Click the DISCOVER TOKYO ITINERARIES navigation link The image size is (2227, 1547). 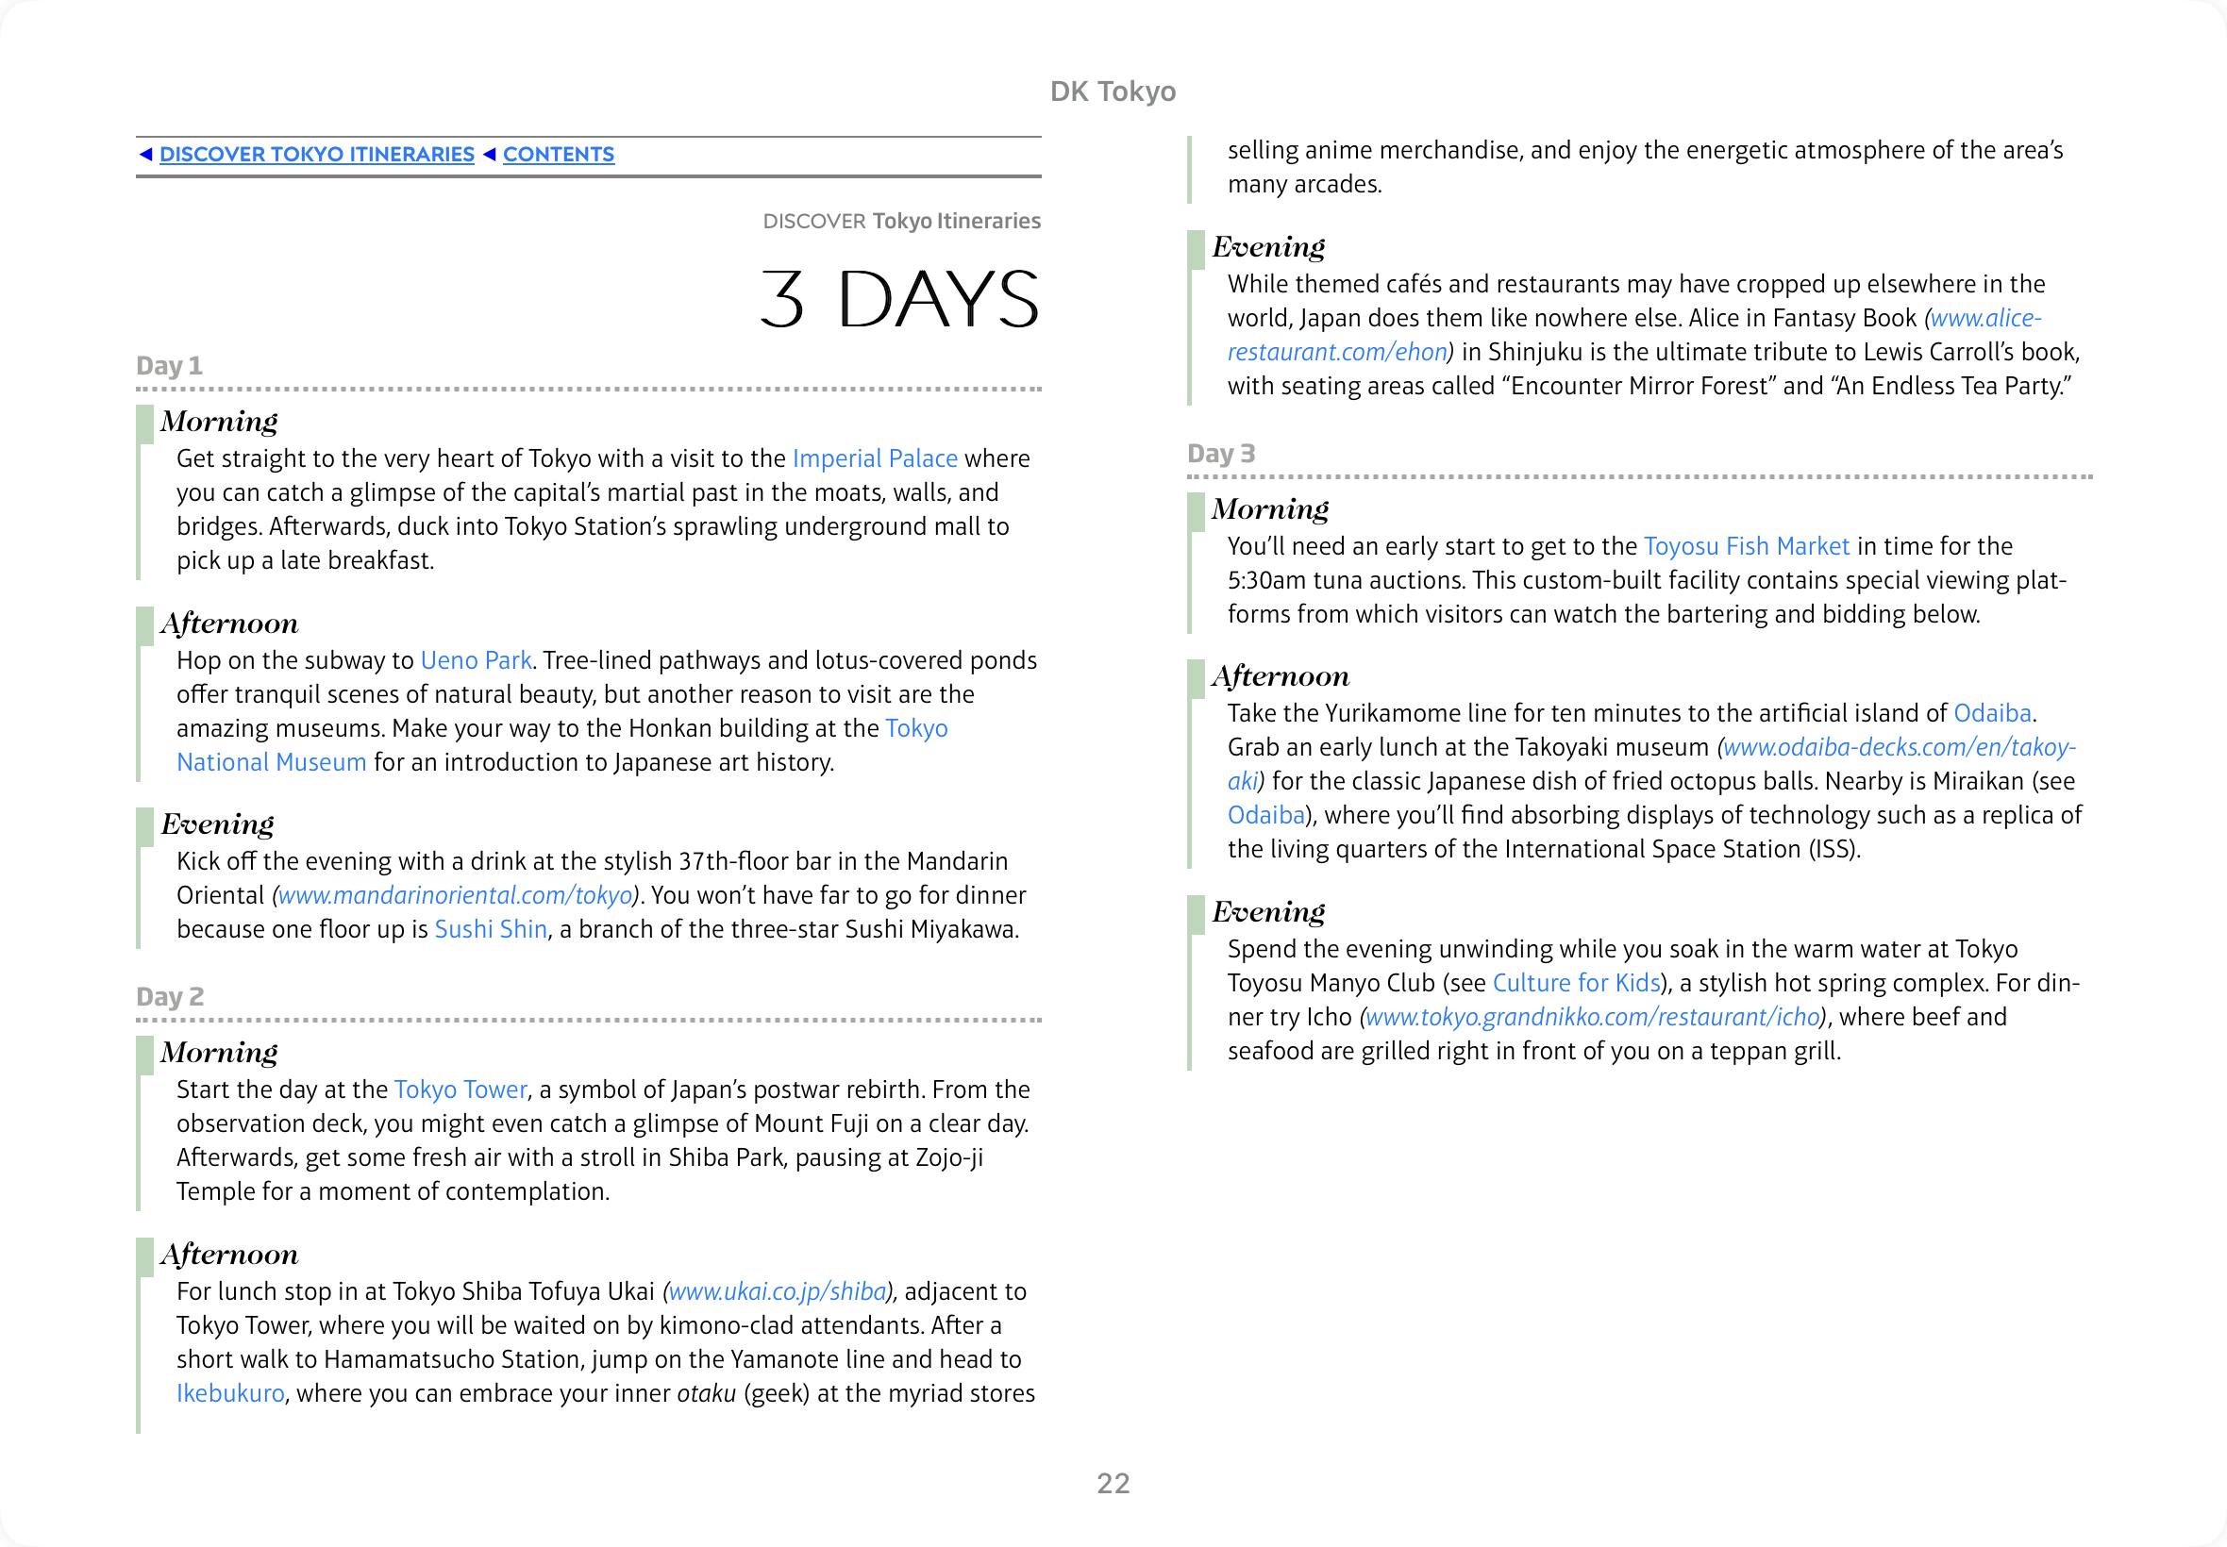click(x=316, y=155)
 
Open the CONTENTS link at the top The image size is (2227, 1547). click(x=559, y=155)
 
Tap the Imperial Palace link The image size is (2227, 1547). click(x=875, y=458)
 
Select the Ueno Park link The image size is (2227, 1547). click(x=475, y=660)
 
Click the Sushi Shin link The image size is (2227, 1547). click(x=491, y=929)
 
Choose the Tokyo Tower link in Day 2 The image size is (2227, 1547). click(x=460, y=1090)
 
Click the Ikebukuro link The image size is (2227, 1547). click(x=231, y=1393)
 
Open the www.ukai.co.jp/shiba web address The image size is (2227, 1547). click(x=778, y=1291)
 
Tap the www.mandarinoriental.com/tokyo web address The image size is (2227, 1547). click(x=455, y=895)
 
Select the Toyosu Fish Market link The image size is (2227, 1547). click(x=1746, y=547)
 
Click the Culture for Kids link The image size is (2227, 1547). click(x=1576, y=983)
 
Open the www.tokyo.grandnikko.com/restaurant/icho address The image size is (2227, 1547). click(x=1592, y=1017)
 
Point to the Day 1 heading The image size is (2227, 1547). click(x=170, y=365)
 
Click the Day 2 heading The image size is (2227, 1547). click(x=171, y=996)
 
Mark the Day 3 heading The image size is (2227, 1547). click(x=1222, y=454)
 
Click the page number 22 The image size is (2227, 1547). click(x=1113, y=1483)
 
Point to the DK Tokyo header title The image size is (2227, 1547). click(x=1113, y=91)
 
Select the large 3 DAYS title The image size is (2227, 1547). click(x=898, y=298)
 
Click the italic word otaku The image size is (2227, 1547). click(x=706, y=1393)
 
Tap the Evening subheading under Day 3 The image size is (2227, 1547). click(x=1268, y=911)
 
